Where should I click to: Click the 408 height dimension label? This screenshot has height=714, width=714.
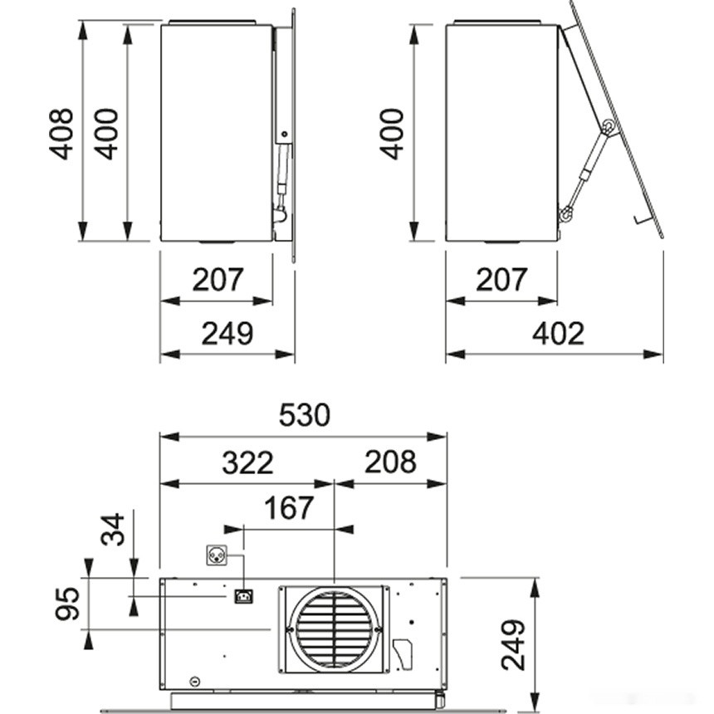pyautogui.click(x=61, y=134)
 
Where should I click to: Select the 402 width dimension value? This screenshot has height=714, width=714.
pyautogui.click(x=558, y=333)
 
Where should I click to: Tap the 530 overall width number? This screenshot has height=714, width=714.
pyautogui.click(x=305, y=414)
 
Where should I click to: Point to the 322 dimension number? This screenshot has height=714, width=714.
pyautogui.click(x=247, y=462)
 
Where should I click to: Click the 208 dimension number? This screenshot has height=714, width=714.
pyautogui.click(x=389, y=462)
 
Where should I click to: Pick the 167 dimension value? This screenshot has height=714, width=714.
pyautogui.click(x=288, y=507)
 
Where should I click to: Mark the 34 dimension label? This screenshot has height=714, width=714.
pyautogui.click(x=113, y=528)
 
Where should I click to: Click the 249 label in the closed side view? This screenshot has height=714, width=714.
pyautogui.click(x=227, y=333)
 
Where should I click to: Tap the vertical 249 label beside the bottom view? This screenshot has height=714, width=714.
pyautogui.click(x=514, y=644)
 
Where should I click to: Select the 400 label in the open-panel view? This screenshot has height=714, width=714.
pyautogui.click(x=392, y=134)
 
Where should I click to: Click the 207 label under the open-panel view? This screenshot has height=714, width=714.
pyautogui.click(x=501, y=280)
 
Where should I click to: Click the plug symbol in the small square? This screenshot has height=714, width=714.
pyautogui.click(x=216, y=555)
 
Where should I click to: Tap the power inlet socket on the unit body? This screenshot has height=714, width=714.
pyautogui.click(x=243, y=596)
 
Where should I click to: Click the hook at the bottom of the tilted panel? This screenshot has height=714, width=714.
pyautogui.click(x=640, y=219)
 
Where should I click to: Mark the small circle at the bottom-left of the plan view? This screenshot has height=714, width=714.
pyautogui.click(x=196, y=681)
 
